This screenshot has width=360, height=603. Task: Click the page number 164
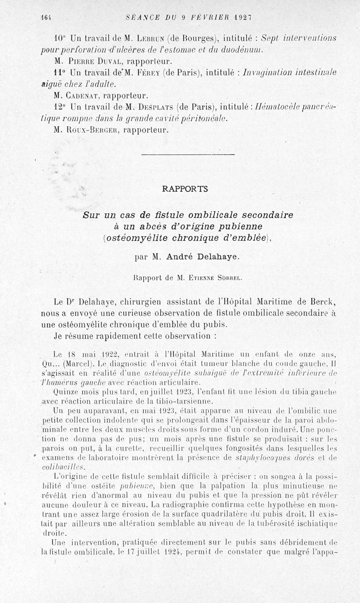[x=45, y=18]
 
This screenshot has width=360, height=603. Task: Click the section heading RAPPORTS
[x=184, y=189]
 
